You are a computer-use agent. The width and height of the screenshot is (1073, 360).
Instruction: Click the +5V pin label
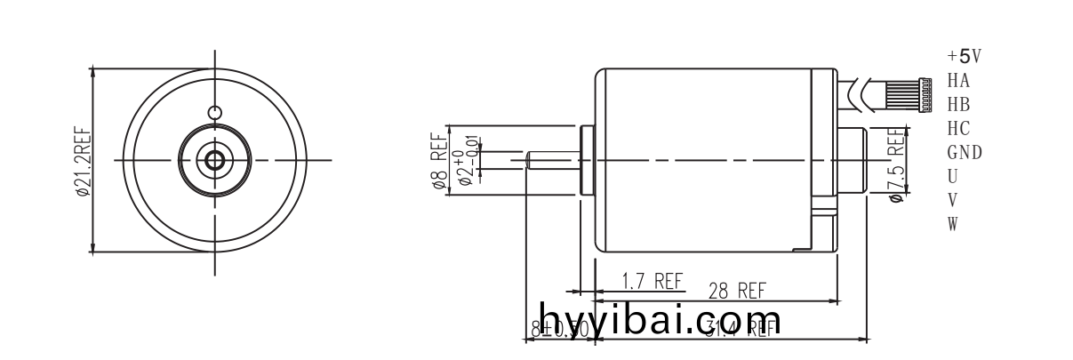click(x=964, y=57)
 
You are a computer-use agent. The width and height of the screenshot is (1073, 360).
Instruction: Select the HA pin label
click(x=958, y=81)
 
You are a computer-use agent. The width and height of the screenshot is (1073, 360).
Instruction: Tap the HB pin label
click(x=958, y=105)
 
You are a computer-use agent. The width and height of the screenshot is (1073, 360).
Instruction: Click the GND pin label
click(x=965, y=152)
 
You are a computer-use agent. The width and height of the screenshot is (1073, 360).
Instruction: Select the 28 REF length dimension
click(x=737, y=291)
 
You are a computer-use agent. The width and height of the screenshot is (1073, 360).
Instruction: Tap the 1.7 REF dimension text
click(x=652, y=282)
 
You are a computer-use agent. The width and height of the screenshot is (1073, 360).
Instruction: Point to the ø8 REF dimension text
click(x=437, y=161)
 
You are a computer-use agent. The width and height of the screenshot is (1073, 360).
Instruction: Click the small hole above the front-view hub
click(x=214, y=113)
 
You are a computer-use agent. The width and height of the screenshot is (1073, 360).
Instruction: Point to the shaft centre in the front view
click(x=214, y=160)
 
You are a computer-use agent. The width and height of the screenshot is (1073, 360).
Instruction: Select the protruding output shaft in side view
click(x=551, y=160)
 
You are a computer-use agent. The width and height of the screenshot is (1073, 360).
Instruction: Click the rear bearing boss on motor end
click(x=853, y=160)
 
